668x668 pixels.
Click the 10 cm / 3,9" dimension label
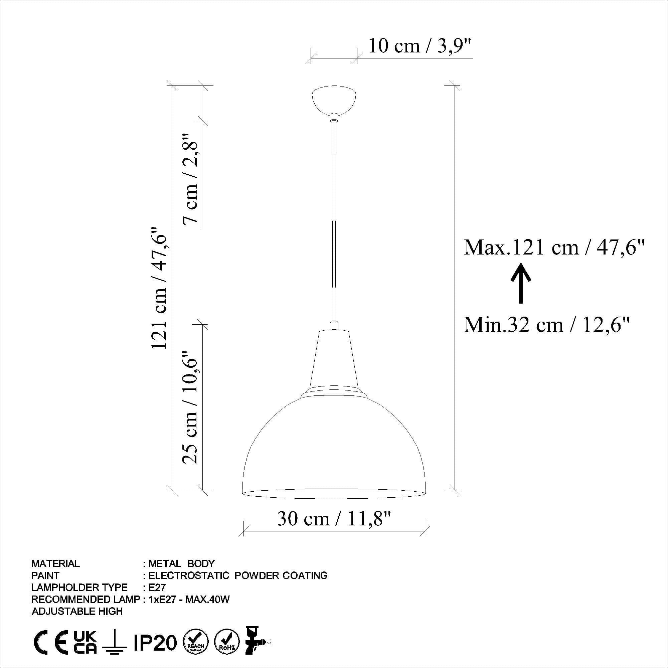point(420,46)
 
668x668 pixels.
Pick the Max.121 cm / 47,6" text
point(554,247)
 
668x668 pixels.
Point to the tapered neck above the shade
point(334,360)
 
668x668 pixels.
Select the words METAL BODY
point(181,564)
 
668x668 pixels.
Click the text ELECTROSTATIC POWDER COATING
point(238,576)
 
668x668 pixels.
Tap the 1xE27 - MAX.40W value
point(189,600)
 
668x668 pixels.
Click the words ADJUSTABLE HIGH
point(77,612)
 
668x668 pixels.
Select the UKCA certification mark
point(86,642)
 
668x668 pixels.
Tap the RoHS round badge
point(227,642)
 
